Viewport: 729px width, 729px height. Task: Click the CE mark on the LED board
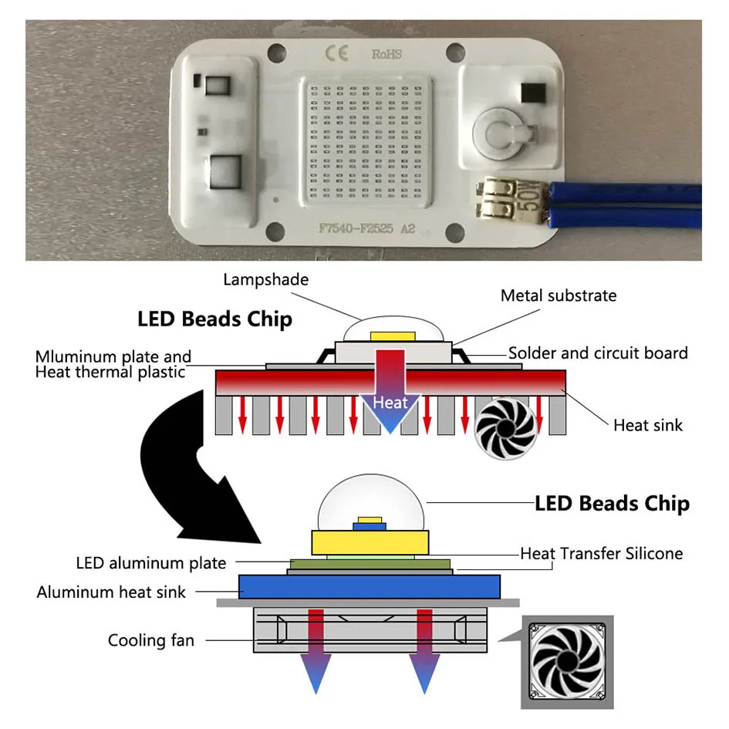pyautogui.click(x=339, y=52)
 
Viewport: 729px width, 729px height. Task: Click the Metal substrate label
pyautogui.click(x=559, y=295)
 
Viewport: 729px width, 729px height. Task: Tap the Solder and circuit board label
pyautogui.click(x=598, y=353)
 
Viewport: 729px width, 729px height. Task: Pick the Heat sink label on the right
pyautogui.click(x=648, y=424)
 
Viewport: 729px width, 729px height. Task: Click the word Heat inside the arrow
pyautogui.click(x=390, y=402)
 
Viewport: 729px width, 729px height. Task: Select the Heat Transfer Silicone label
pyautogui.click(x=601, y=553)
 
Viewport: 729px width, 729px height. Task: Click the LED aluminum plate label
pyautogui.click(x=151, y=563)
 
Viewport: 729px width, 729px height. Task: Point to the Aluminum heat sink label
pyautogui.click(x=111, y=592)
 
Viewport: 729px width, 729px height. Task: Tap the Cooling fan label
pyautogui.click(x=151, y=640)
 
